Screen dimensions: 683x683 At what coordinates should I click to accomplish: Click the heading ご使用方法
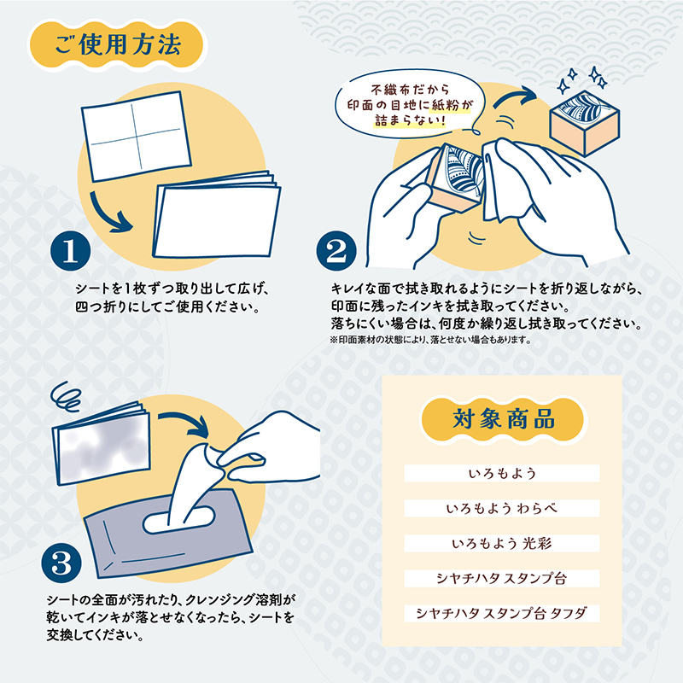(117, 47)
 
